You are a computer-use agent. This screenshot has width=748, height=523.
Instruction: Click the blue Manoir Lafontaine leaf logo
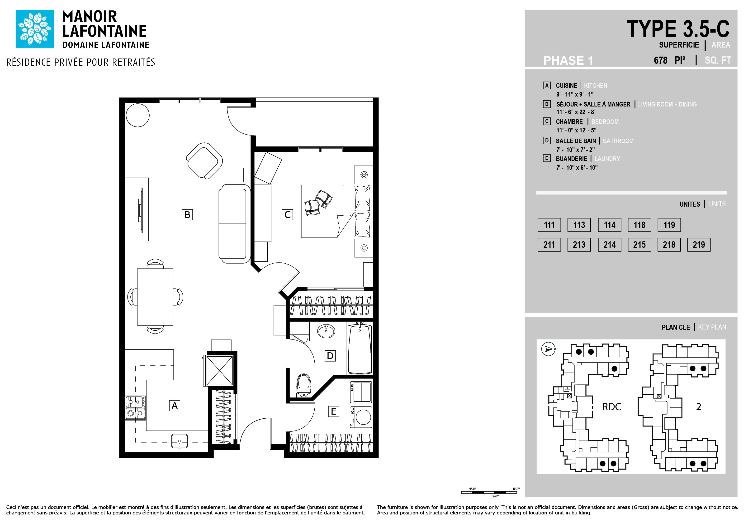coord(34,29)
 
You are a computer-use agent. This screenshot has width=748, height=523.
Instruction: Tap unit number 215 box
coord(639,245)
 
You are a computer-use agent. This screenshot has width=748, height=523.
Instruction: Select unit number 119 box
coord(669,225)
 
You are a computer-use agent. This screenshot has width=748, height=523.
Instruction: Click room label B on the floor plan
coord(187,214)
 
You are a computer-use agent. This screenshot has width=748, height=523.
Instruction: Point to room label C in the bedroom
coord(287,214)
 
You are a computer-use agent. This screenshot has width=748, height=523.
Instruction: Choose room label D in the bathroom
coord(330,356)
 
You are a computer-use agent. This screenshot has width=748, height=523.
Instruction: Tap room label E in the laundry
coord(334,411)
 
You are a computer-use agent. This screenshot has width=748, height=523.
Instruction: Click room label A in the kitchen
coord(175,406)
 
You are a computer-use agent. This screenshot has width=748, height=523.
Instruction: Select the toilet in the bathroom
coord(304,385)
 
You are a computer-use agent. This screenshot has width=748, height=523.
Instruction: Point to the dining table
coord(155,297)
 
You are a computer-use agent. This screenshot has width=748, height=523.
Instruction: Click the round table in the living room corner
coord(137,115)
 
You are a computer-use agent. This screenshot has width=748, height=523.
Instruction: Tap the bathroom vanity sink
coord(326,331)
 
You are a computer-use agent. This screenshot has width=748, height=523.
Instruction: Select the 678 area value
coord(660,60)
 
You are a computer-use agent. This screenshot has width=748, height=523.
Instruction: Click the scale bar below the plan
coord(489,492)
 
